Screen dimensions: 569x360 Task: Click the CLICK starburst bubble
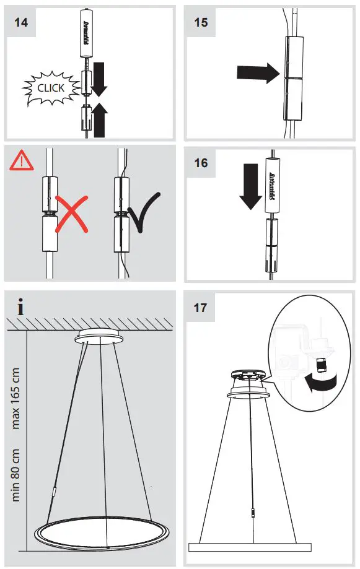[50, 88]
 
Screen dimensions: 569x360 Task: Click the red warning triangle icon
[20, 161]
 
